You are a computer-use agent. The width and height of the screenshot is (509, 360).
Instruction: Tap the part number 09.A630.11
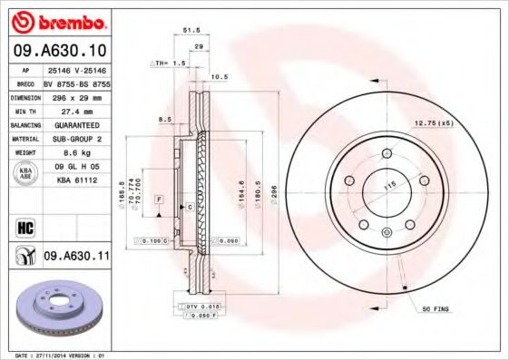(77, 258)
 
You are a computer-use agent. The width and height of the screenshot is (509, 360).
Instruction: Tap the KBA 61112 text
(73, 179)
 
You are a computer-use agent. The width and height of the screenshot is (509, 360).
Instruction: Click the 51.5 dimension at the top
(191, 30)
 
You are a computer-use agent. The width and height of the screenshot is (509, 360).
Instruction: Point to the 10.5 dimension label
(219, 77)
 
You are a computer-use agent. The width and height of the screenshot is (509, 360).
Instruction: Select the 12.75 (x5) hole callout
(433, 122)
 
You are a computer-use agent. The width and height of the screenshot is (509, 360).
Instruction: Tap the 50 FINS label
(436, 310)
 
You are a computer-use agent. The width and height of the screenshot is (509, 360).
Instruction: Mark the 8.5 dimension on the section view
(164, 119)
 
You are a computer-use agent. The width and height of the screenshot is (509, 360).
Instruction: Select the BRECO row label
(26, 82)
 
